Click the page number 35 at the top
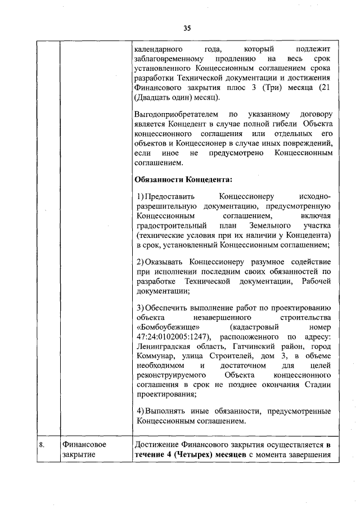pyautogui.click(x=187, y=28)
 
